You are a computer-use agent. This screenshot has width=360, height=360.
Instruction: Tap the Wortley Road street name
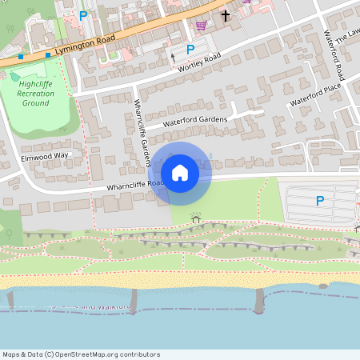point(200,63)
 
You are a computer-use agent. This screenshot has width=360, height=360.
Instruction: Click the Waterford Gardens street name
point(195,121)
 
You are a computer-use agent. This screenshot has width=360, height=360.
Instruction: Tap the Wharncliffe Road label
point(134,184)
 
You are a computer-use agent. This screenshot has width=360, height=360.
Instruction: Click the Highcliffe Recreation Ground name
point(38,93)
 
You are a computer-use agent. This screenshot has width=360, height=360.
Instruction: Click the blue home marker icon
point(180,172)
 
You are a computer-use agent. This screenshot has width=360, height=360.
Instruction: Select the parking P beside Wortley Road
point(190,50)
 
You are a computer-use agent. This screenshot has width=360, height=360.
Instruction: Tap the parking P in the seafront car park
point(320,201)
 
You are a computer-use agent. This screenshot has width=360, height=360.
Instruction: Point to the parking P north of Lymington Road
point(83,15)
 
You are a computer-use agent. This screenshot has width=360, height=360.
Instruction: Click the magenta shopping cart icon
point(200,26)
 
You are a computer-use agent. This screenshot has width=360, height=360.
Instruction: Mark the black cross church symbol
point(225,15)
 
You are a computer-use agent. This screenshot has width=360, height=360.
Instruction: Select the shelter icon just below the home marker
point(196,218)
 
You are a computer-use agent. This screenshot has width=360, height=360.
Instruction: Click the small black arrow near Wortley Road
point(173,57)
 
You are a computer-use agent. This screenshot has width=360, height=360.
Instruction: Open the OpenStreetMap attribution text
point(81,354)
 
